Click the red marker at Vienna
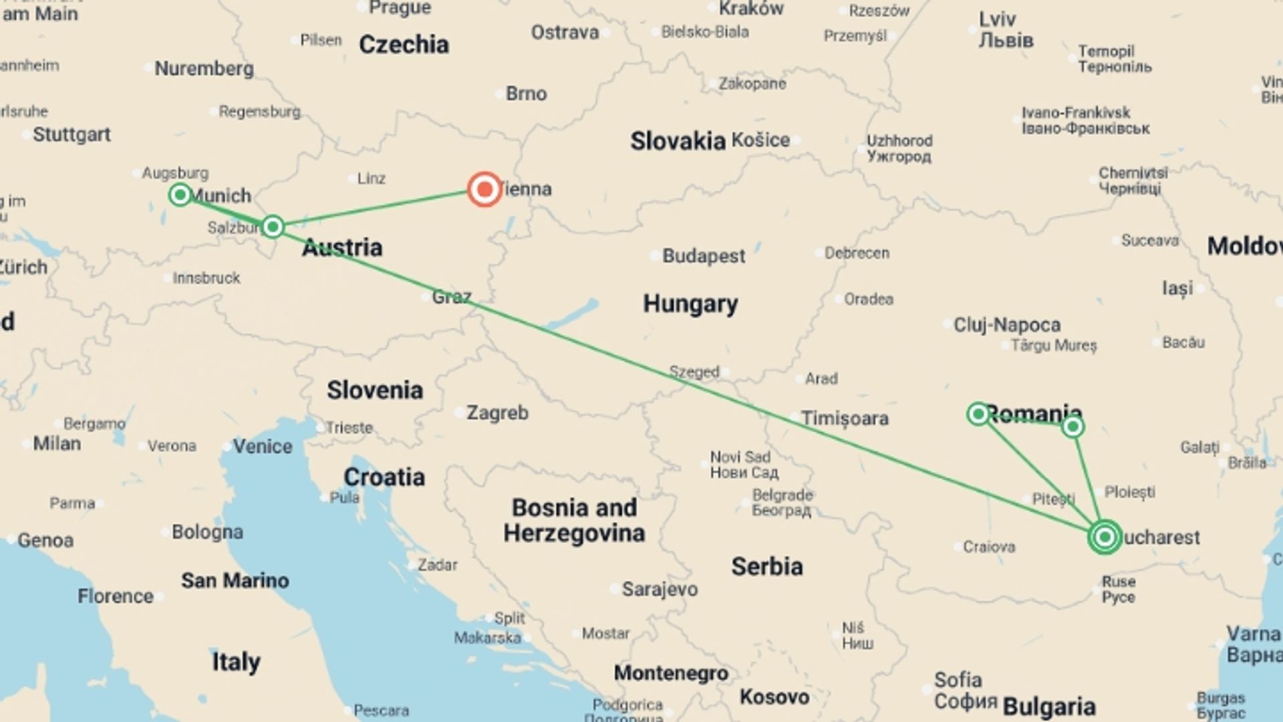click(484, 190)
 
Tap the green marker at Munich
click(180, 195)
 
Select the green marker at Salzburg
click(273, 227)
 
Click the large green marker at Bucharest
click(1105, 537)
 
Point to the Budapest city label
click(703, 256)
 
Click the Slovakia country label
click(678, 141)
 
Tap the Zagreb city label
click(497, 413)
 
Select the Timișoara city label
click(845, 418)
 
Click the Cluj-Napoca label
click(1006, 325)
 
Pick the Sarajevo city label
click(660, 589)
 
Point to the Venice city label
click(262, 447)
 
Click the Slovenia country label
click(374, 390)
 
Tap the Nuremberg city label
click(204, 69)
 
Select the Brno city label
click(526, 94)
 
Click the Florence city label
click(115, 596)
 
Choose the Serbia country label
click(766, 567)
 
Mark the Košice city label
click(760, 140)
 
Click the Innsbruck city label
click(206, 278)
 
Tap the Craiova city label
click(988, 547)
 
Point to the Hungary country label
click(690, 304)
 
